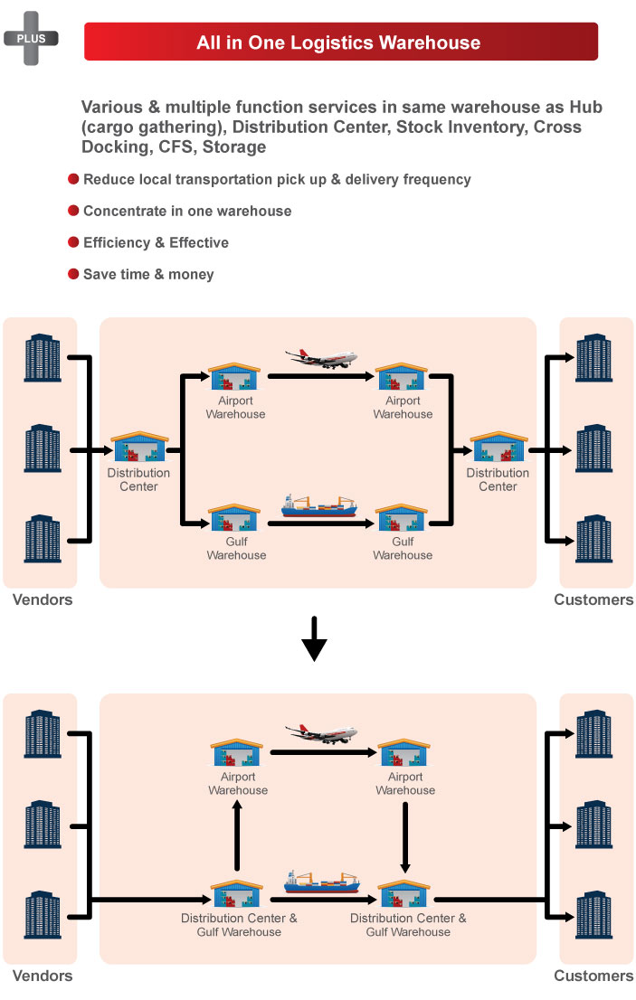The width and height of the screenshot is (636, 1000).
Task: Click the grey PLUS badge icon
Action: [x=31, y=38]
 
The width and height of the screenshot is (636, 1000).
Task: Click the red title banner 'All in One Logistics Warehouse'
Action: [x=341, y=42]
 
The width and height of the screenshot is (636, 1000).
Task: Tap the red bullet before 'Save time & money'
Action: [x=73, y=274]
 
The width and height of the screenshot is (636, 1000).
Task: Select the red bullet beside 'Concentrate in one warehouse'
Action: [x=73, y=211]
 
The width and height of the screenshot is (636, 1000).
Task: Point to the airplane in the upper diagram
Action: [x=321, y=358]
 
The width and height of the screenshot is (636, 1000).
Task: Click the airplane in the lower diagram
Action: [x=321, y=734]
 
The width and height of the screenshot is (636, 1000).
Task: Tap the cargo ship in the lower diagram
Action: [x=321, y=882]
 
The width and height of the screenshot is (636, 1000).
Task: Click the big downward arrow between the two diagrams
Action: [x=314, y=638]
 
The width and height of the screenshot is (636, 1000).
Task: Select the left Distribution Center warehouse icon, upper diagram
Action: [x=139, y=447]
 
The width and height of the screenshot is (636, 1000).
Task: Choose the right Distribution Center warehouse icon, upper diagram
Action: [x=498, y=447]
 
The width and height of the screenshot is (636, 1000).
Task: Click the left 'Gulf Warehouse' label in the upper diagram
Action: [x=236, y=549]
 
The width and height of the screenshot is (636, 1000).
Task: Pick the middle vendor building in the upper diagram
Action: [x=43, y=448]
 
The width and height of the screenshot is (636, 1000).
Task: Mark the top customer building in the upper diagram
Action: [x=593, y=357]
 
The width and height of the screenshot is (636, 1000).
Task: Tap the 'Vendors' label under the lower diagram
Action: [x=43, y=976]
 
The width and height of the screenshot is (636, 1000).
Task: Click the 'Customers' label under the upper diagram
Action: [x=593, y=599]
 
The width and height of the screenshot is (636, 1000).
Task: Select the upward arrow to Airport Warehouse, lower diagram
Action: [x=237, y=835]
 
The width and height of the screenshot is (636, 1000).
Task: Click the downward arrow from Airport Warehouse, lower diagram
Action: [x=405, y=837]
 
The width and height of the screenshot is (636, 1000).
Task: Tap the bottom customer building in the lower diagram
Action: [x=593, y=914]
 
